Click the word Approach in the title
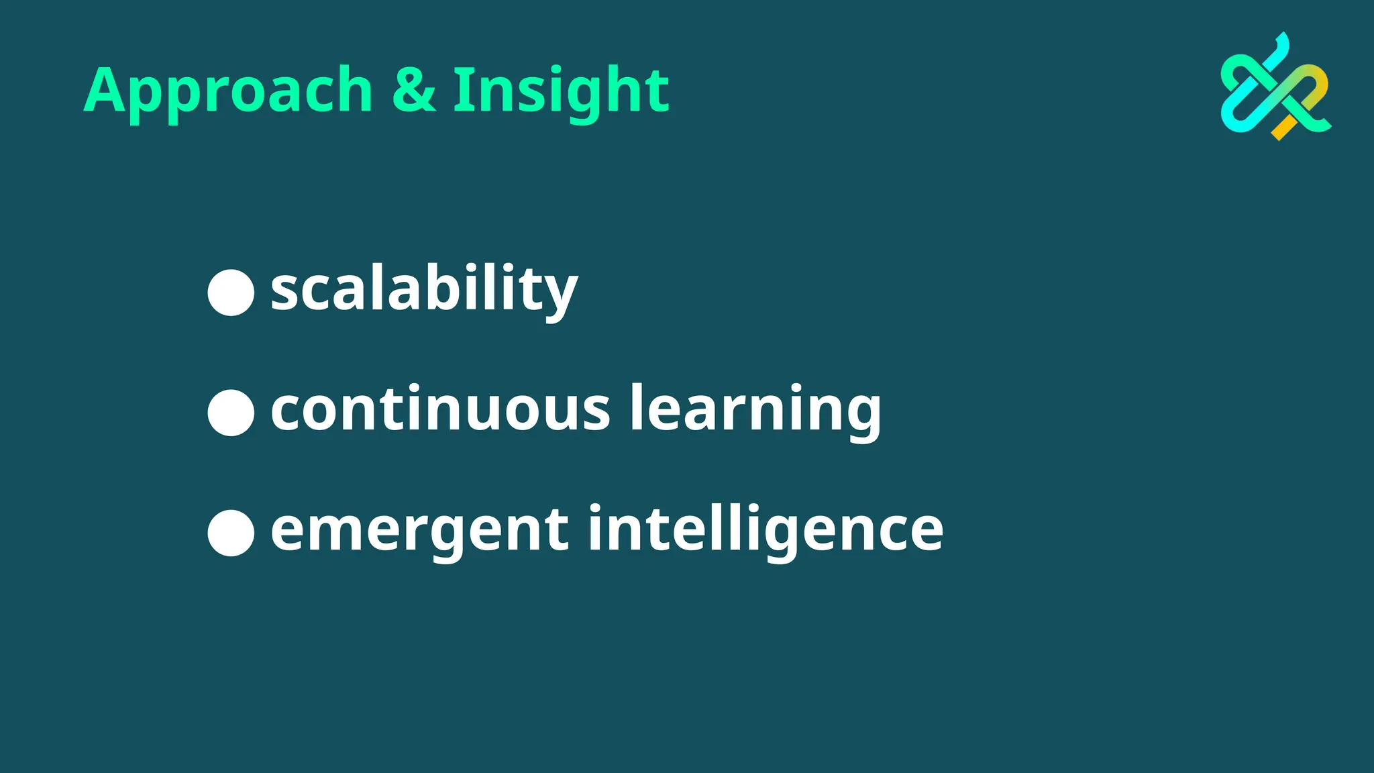click(x=228, y=91)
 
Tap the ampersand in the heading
click(x=413, y=90)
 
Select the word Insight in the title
click(x=561, y=91)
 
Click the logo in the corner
click(x=1275, y=87)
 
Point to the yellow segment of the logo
click(x=1284, y=127)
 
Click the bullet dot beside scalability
click(x=231, y=293)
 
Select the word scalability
click(x=424, y=289)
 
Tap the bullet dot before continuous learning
click(x=231, y=413)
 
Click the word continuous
click(x=440, y=409)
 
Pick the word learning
click(x=755, y=409)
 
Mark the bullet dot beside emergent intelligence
click(x=231, y=533)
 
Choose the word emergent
click(x=420, y=530)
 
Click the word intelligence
click(x=765, y=530)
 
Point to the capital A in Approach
click(x=107, y=90)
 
